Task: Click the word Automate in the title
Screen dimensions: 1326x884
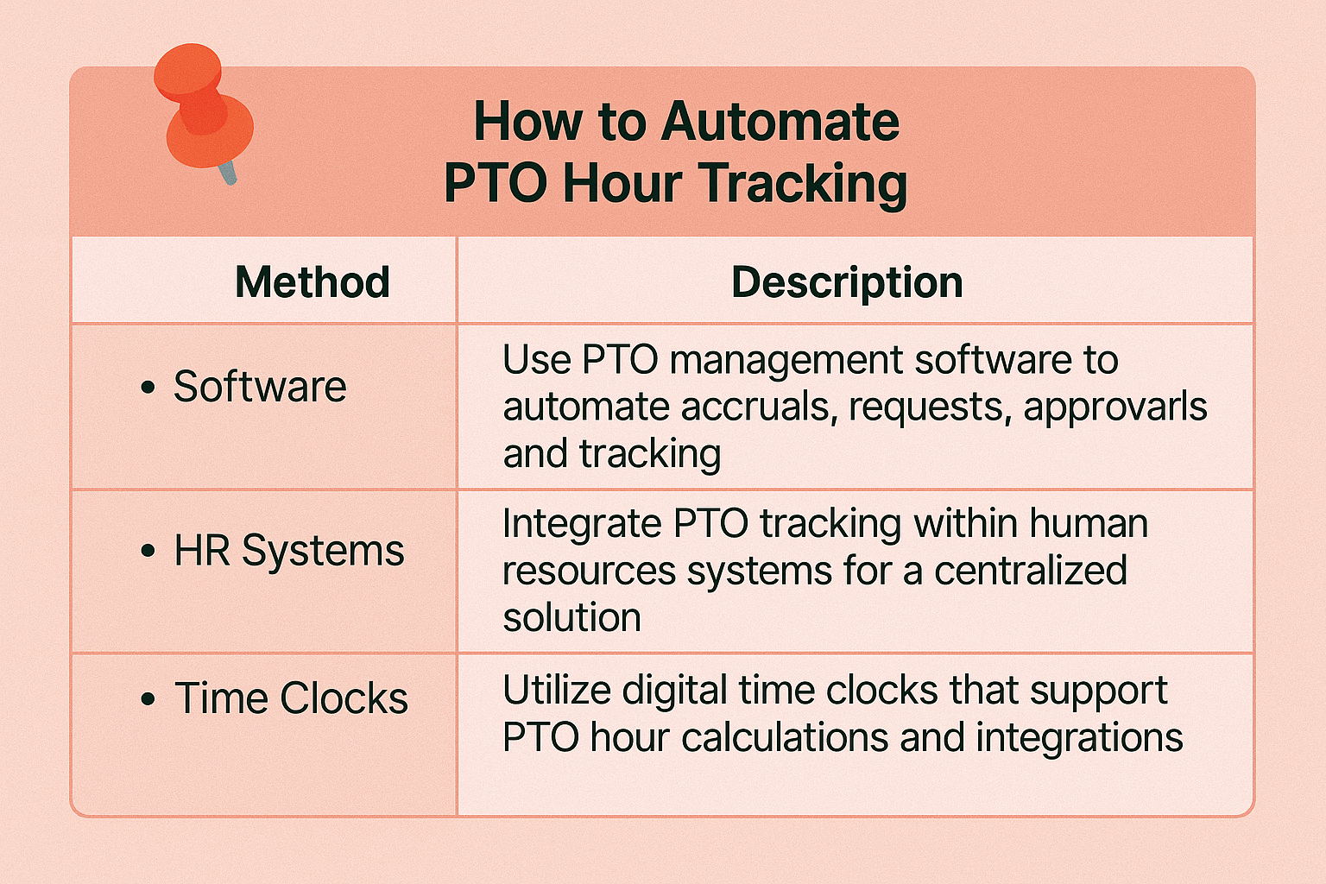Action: click(x=780, y=122)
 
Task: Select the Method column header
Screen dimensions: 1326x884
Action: click(x=313, y=281)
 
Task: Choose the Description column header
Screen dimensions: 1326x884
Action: click(x=847, y=282)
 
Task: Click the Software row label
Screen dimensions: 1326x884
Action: click(x=260, y=387)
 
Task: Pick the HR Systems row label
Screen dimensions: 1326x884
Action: click(x=289, y=551)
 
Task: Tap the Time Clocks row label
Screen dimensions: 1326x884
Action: click(x=291, y=698)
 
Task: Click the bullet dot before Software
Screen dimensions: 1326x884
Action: click(x=148, y=388)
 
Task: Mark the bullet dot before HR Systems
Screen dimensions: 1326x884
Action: click(x=148, y=552)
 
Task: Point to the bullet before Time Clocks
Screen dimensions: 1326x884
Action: click(x=148, y=699)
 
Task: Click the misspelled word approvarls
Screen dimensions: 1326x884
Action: click(x=1115, y=408)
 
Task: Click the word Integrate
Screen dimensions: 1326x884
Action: click(x=582, y=525)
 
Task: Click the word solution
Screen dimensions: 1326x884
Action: click(x=571, y=617)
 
